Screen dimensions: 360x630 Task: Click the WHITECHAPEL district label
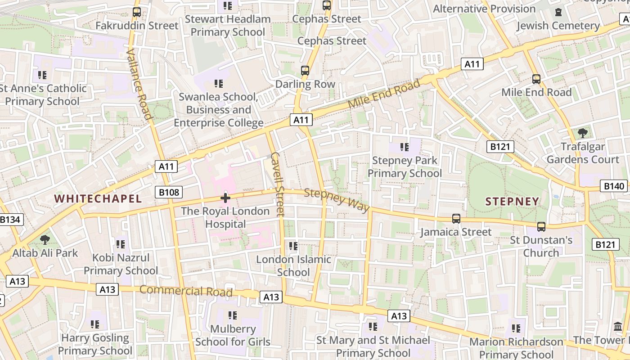point(98,198)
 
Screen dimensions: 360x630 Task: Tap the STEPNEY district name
point(512,201)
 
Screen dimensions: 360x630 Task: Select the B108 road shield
point(169,193)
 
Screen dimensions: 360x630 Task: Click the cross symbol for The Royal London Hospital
point(225,198)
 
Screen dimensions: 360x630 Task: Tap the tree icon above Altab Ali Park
point(45,239)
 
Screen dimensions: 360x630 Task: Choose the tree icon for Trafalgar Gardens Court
point(583,133)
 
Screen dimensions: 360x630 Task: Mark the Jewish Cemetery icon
point(558,12)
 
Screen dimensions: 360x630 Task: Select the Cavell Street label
point(278,184)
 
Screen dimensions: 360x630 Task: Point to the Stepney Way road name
point(337,200)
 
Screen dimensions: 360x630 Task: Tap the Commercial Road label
point(186,291)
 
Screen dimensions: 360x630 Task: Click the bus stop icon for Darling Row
point(305,71)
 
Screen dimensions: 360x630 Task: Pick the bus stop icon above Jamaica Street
point(456,219)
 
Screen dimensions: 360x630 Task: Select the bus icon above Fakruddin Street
point(137,12)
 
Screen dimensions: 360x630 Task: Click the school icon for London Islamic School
point(293,246)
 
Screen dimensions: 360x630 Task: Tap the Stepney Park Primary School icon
point(405,147)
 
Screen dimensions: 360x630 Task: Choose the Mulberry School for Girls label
point(233,335)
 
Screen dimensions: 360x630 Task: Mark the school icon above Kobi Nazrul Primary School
point(120,244)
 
